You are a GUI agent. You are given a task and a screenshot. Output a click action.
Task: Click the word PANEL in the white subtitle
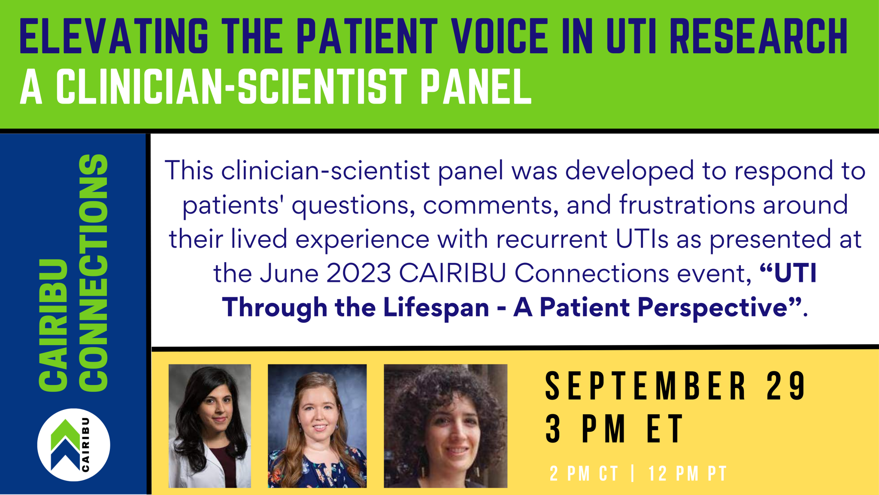[476, 87]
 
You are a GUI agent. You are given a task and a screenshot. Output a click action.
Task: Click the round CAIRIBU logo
[74, 445]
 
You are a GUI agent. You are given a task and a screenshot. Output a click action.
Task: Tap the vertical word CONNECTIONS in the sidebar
[94, 273]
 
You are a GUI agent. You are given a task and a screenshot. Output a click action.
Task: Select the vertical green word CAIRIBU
[54, 325]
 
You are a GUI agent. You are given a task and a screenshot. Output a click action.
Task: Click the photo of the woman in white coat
[209, 426]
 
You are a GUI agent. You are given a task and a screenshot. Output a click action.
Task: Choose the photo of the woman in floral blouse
[317, 426]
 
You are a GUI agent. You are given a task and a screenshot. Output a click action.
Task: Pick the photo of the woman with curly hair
[446, 426]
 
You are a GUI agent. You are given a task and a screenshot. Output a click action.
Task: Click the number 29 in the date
[786, 386]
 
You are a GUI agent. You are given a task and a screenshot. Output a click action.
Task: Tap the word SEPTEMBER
[646, 386]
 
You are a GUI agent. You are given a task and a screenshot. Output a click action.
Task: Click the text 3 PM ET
[614, 429]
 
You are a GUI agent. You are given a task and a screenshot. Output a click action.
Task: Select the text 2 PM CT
[584, 474]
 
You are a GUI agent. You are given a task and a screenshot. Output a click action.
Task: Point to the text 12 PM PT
[687, 474]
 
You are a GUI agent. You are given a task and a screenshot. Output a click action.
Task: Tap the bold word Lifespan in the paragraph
[436, 308]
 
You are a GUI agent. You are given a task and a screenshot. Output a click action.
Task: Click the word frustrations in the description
[686, 205]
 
